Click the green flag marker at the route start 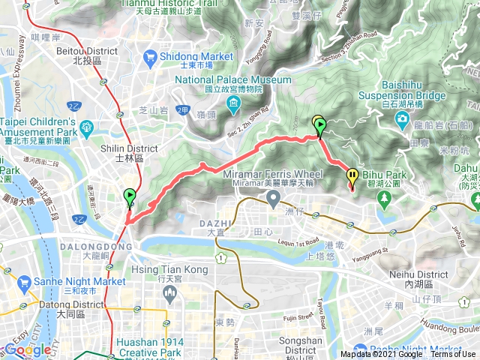click(x=129, y=198)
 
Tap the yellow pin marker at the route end click(x=352, y=177)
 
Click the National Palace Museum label click(x=233, y=79)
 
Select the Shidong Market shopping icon click(x=151, y=56)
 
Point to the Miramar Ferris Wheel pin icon click(x=274, y=199)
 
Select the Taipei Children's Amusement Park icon click(x=86, y=127)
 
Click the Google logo click(x=28, y=349)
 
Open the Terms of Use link click(x=454, y=355)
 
